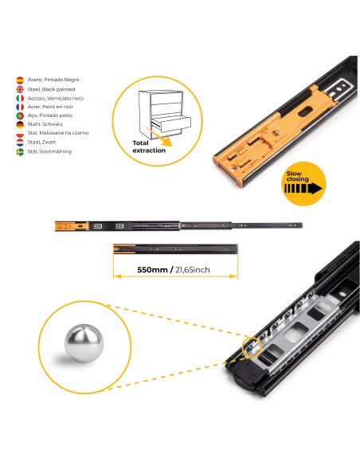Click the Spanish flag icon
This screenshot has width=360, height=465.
click(20, 80)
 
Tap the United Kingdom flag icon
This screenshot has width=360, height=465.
click(20, 89)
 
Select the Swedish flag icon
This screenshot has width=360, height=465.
click(20, 150)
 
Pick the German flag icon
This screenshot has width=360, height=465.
click(20, 123)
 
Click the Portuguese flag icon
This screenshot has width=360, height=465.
click(20, 115)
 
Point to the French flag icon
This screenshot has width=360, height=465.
click(20, 107)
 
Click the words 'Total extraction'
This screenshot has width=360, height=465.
click(150, 145)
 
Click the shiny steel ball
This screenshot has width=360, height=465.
click(81, 347)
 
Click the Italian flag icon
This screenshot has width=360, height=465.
click(20, 98)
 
